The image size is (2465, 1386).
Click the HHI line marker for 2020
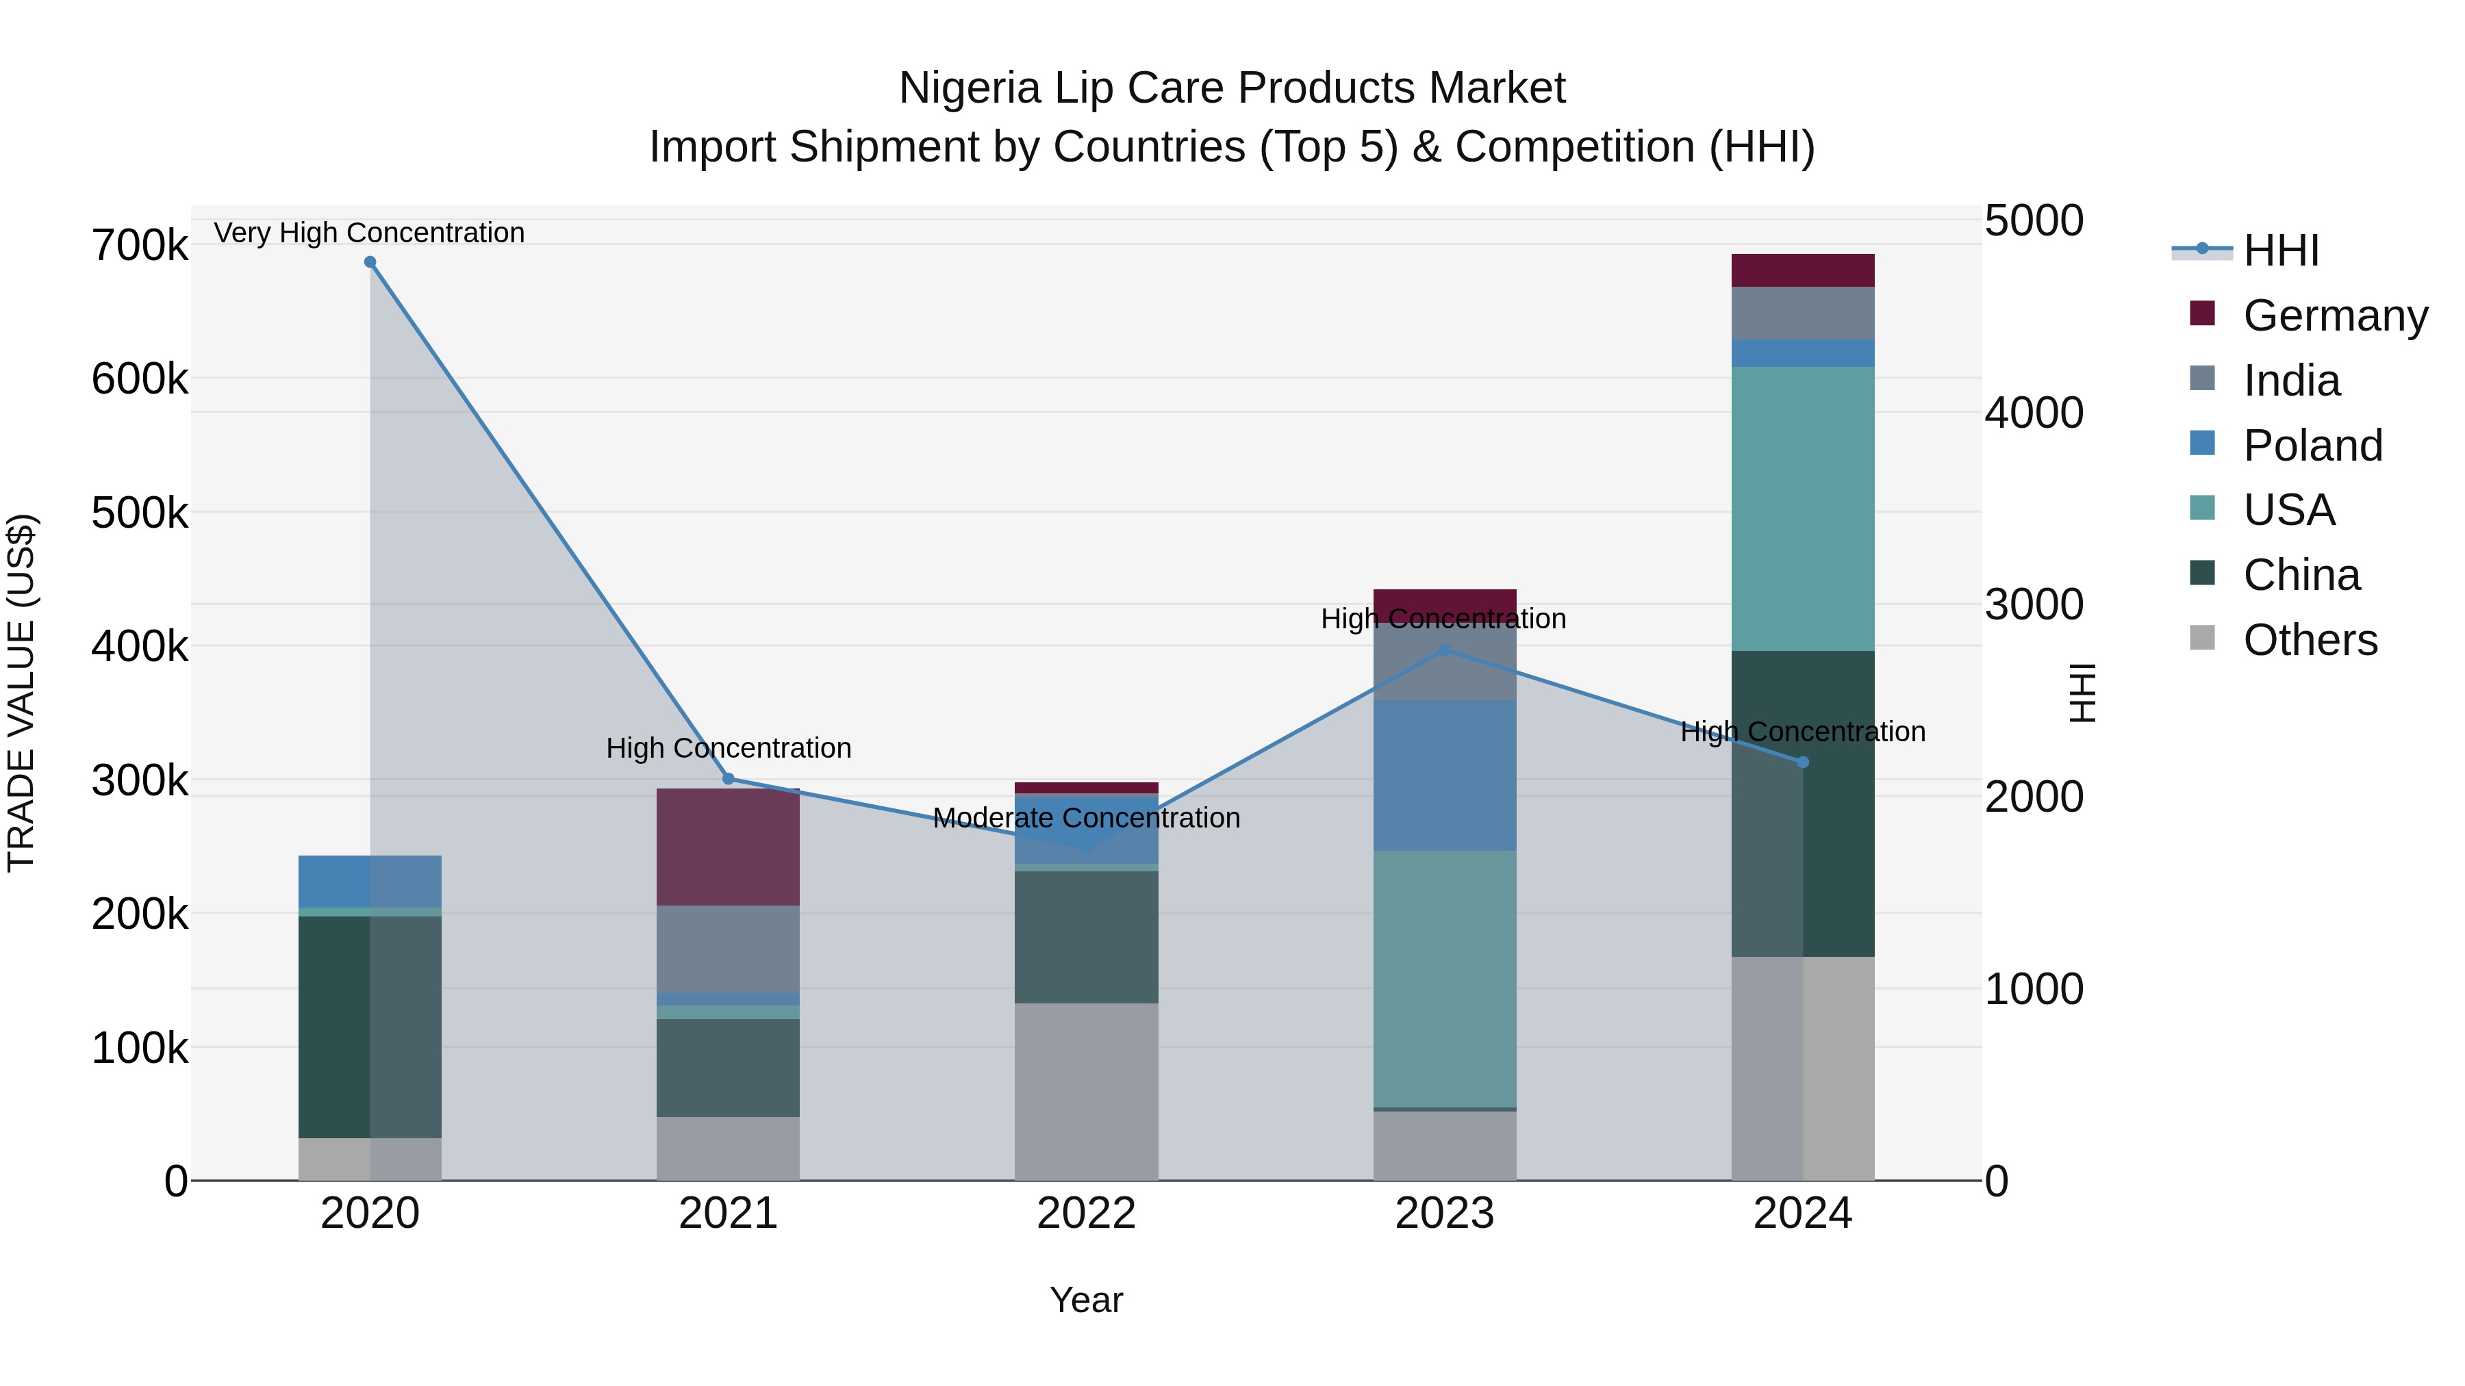pyautogui.click(x=370, y=262)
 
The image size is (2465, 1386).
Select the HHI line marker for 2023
pyautogui.click(x=1445, y=650)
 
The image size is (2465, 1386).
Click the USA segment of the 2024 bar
pyautogui.click(x=1803, y=509)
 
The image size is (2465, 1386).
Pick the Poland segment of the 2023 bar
pyautogui.click(x=1445, y=775)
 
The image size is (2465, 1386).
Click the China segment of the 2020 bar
pyautogui.click(x=370, y=1027)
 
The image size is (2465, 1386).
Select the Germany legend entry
pyautogui.click(x=2335, y=316)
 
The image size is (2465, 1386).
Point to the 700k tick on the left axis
pyautogui.click(x=140, y=246)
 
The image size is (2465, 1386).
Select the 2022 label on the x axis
pyautogui.click(x=1086, y=1214)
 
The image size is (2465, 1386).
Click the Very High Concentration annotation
pyautogui.click(x=369, y=233)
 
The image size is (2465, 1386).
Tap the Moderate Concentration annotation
pyautogui.click(x=1086, y=818)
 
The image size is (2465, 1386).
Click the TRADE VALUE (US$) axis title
pyautogui.click(x=21, y=693)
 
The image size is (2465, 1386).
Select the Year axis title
pyautogui.click(x=1086, y=1300)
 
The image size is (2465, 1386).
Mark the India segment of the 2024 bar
pyautogui.click(x=1803, y=313)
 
